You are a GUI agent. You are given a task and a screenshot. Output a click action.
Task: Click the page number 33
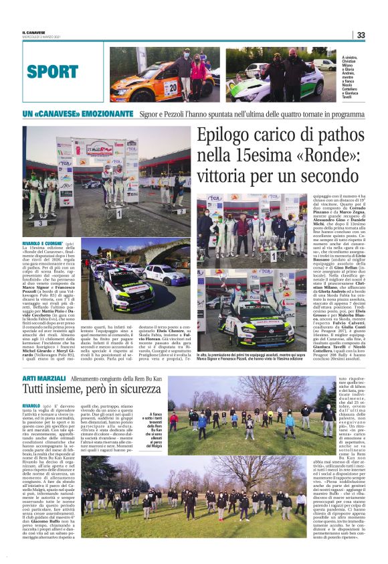(x=361, y=36)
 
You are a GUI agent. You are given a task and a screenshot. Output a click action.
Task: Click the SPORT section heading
(x=53, y=71)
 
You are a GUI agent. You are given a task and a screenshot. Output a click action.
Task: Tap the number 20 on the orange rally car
(x=171, y=86)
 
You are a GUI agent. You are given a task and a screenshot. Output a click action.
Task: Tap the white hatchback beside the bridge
(x=165, y=273)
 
